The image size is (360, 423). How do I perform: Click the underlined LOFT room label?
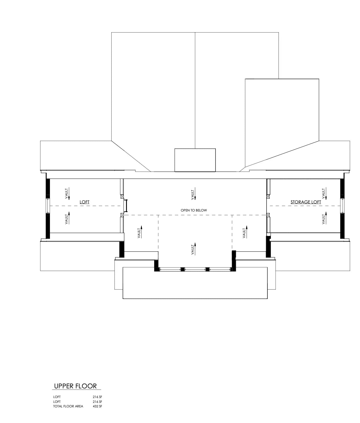click(84, 202)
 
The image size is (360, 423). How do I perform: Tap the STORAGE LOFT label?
click(305, 202)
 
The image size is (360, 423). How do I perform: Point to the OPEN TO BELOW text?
click(194, 210)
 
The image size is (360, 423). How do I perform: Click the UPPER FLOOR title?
click(76, 386)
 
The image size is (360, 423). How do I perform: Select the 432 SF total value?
click(97, 406)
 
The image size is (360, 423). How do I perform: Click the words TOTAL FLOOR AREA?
click(68, 406)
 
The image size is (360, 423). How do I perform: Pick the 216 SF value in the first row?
click(97, 397)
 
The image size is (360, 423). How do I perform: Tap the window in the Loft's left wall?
click(48, 206)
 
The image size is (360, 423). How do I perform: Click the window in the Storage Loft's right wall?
click(342, 206)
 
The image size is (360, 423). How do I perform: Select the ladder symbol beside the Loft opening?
click(127, 206)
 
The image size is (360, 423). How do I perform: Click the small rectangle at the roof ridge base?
click(195, 160)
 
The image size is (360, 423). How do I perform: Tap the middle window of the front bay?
click(195, 269)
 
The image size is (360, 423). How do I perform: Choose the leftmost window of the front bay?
click(170, 269)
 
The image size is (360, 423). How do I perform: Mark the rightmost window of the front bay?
click(220, 269)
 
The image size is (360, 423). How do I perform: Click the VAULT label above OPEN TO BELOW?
click(193, 195)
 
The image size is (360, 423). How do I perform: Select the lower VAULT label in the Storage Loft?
click(323, 219)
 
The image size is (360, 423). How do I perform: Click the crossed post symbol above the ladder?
click(122, 196)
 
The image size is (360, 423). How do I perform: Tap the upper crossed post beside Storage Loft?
click(268, 196)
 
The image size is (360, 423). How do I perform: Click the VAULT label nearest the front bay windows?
click(193, 249)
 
